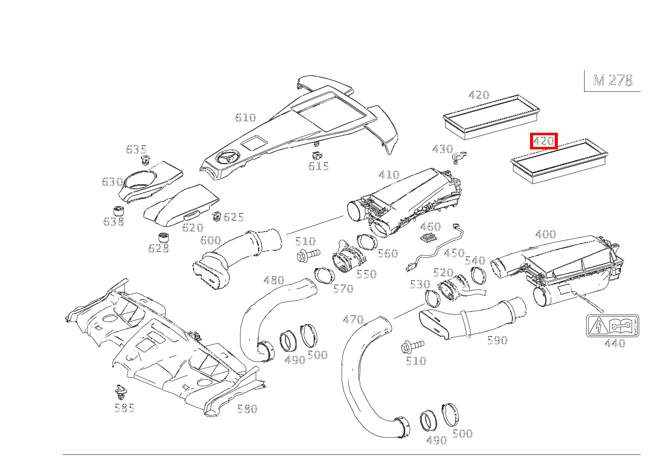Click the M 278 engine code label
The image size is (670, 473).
tap(612, 81)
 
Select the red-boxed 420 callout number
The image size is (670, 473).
tap(543, 141)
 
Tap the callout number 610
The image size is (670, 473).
tap(246, 118)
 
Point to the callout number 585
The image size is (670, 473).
tap(124, 408)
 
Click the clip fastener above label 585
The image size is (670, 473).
tap(120, 391)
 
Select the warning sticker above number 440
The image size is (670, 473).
tap(612, 326)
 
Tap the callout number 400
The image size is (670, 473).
tap(545, 234)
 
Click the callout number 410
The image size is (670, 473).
tap(389, 175)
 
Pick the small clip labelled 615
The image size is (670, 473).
tap(317, 154)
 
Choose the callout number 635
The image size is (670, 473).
tap(136, 149)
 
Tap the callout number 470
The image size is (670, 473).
tap(353, 320)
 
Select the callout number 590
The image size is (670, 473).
tap(497, 341)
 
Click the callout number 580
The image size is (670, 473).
tap(247, 409)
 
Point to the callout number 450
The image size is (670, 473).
tap(454, 253)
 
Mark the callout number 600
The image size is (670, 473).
tap(211, 240)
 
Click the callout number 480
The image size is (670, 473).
tap(274, 280)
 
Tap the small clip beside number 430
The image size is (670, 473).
tap(459, 157)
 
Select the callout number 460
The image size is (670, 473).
tap(430, 227)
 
